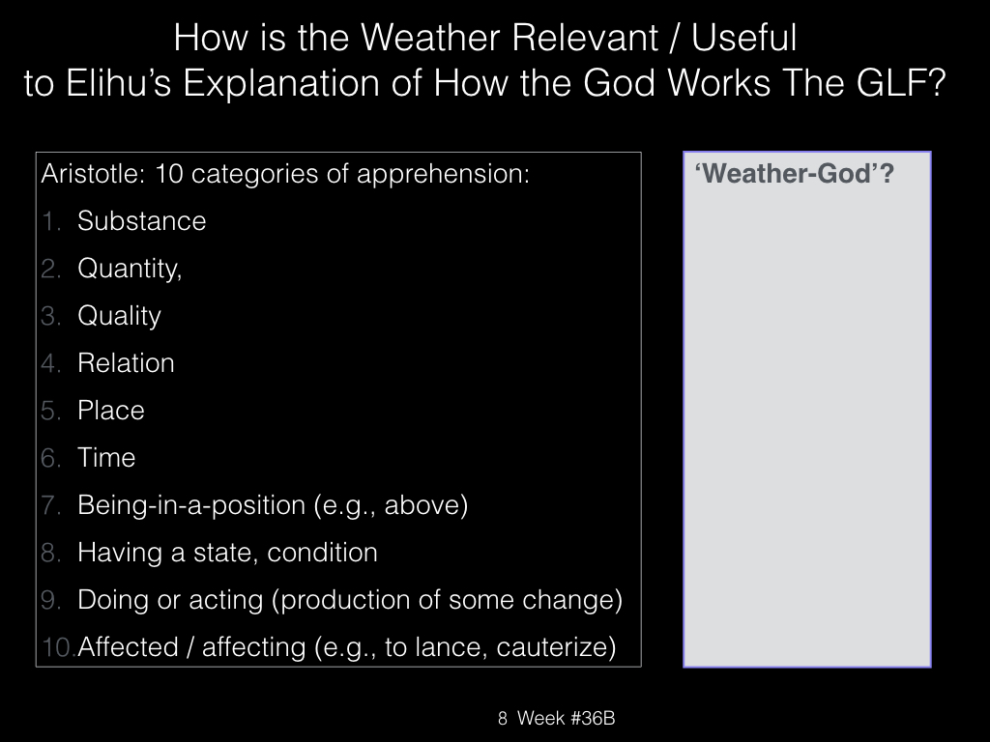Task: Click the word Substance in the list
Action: coord(141,221)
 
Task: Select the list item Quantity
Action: coord(130,269)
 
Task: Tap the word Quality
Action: coord(119,316)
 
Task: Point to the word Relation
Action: coord(126,363)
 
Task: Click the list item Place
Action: coord(110,410)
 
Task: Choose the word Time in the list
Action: coord(106,457)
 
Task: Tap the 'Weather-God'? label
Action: coord(795,174)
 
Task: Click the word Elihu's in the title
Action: coord(118,83)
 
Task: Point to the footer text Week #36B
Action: coord(566,718)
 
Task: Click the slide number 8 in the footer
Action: coord(503,718)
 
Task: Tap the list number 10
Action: coord(57,647)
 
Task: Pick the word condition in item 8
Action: coord(322,553)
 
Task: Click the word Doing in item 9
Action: coord(113,600)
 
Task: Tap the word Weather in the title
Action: coord(430,38)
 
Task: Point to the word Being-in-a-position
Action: coord(191,505)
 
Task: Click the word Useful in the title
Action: coord(743,38)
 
